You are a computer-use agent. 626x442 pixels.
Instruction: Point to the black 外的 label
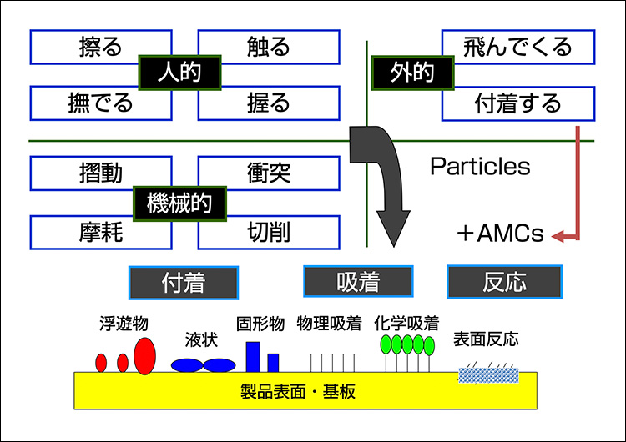(411, 73)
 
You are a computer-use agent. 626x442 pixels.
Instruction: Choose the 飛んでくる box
(517, 47)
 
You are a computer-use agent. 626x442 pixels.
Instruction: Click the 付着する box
(517, 103)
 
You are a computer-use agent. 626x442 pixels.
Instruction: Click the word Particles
(480, 167)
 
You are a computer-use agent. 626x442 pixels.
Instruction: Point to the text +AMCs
(500, 234)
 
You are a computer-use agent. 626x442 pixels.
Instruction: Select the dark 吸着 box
(358, 282)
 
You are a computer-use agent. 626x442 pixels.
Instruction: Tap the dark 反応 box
(504, 282)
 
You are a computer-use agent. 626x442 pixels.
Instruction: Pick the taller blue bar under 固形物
(253, 356)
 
